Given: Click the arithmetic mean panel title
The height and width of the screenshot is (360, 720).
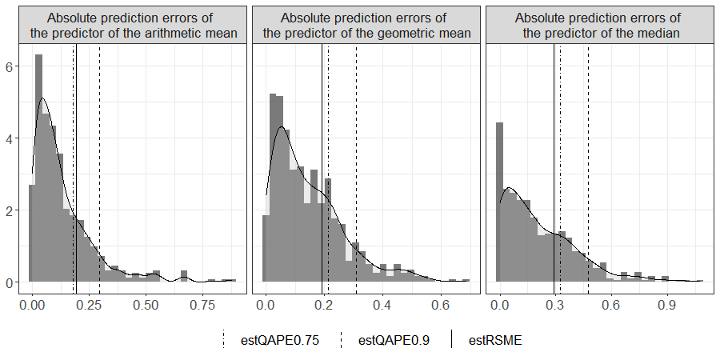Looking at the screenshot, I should click(x=134, y=25).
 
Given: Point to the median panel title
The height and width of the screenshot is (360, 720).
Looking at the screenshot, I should click(x=601, y=25).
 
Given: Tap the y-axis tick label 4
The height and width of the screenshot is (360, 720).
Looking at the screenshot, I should click(x=10, y=138).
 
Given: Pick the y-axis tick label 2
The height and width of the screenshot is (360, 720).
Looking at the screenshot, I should click(x=10, y=210).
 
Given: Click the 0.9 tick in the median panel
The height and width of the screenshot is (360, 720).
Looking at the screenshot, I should click(x=667, y=305).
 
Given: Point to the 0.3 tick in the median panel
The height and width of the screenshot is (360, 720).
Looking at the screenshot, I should click(x=556, y=305).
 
